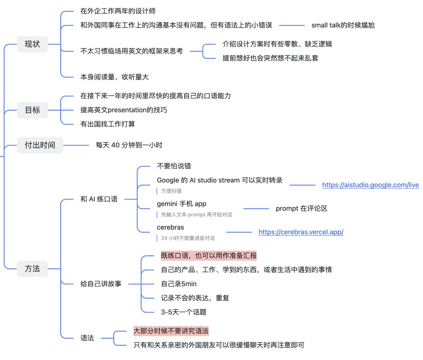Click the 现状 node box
(32, 44)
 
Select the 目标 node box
(32, 110)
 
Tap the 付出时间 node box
(40, 145)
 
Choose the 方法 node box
(32, 268)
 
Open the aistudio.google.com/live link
(370, 185)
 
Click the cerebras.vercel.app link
(301, 232)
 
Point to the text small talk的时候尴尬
(343, 25)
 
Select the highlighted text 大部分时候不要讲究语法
(171, 331)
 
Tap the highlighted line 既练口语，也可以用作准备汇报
(209, 255)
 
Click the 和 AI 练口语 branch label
(99, 199)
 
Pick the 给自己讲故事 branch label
(101, 284)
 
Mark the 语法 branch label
(87, 338)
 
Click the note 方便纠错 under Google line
(171, 191)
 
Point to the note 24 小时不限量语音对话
(188, 238)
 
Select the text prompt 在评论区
(301, 209)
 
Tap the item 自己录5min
(179, 284)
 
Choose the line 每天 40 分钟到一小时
(129, 145)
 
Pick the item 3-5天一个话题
(184, 312)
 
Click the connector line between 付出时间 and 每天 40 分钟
(76, 145)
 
